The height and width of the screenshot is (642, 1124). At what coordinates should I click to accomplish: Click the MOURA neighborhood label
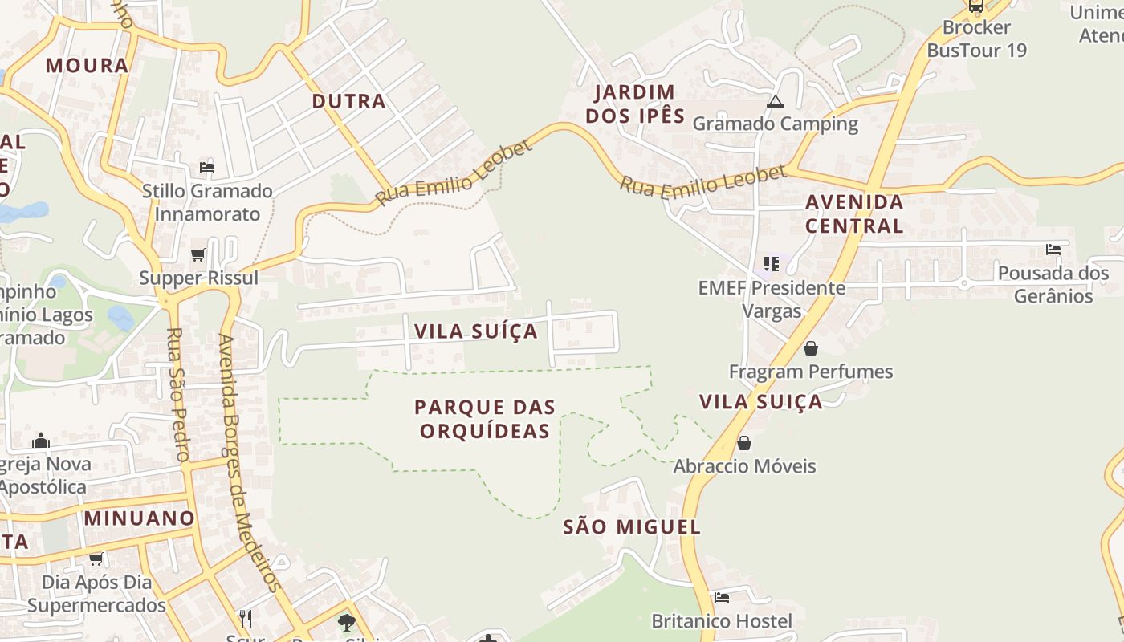(x=87, y=66)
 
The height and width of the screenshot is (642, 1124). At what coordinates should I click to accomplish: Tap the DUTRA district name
(x=348, y=101)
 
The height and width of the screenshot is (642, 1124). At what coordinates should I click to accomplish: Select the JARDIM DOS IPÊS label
(x=635, y=104)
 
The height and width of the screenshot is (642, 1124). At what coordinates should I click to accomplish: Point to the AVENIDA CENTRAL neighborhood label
(x=854, y=213)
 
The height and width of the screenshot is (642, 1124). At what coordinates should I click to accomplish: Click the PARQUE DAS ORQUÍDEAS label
(x=485, y=419)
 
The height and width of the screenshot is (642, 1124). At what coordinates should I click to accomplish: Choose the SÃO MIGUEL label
(x=632, y=527)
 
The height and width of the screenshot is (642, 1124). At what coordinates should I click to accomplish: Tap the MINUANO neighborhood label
(x=140, y=518)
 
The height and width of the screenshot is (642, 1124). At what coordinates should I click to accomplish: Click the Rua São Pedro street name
(x=178, y=394)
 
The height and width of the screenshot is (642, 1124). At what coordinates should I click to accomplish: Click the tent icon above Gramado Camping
(x=775, y=101)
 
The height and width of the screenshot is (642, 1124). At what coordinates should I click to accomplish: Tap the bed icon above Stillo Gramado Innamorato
(x=207, y=168)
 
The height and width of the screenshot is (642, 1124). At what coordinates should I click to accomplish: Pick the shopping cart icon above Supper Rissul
(x=198, y=255)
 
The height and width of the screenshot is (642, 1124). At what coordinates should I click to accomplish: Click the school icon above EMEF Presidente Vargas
(x=772, y=263)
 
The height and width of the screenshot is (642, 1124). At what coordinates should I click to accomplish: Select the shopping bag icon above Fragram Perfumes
(x=811, y=348)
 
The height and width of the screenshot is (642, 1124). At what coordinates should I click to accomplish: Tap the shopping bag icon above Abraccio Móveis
(x=744, y=443)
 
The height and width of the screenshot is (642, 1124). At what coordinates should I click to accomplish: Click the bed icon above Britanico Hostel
(x=722, y=598)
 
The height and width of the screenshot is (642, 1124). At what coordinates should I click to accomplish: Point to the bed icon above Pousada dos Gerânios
(x=1053, y=250)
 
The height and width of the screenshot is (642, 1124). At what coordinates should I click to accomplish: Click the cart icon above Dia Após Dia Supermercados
(x=96, y=559)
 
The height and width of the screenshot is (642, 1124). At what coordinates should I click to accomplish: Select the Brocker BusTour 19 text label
(x=976, y=39)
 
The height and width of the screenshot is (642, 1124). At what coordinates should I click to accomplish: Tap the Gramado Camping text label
(x=775, y=124)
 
